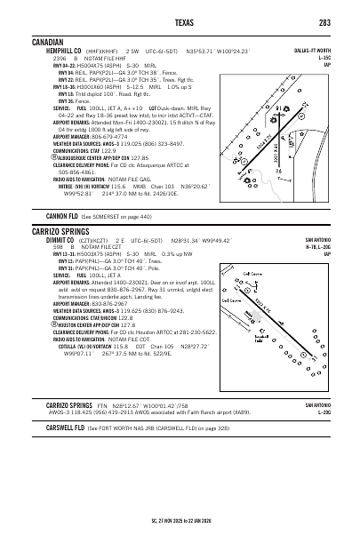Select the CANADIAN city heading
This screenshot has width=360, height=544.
pos(49,42)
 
